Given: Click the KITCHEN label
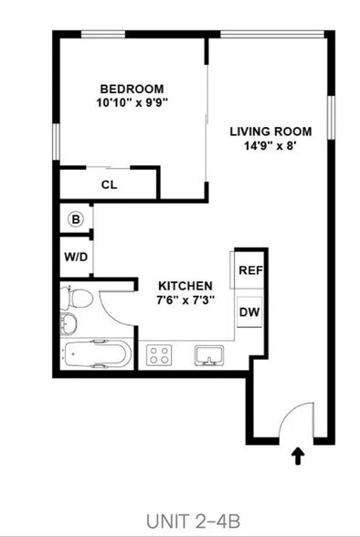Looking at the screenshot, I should [185, 286].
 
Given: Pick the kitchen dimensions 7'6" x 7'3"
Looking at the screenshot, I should [185, 300].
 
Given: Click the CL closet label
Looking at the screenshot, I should [110, 184].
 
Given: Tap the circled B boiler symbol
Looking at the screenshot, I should [76, 219].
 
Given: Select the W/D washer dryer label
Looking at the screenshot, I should [76, 257].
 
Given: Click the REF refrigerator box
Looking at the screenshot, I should [249, 270].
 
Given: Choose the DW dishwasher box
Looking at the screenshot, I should [249, 312].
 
